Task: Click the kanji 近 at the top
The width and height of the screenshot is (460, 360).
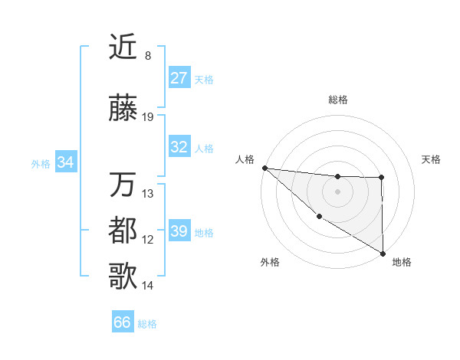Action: [x=123, y=47]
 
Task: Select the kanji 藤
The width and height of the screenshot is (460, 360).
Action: [x=123, y=109]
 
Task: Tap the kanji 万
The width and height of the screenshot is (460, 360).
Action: [x=123, y=185]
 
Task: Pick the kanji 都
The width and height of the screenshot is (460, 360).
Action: [x=123, y=231]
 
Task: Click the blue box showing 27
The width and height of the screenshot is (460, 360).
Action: [x=179, y=78]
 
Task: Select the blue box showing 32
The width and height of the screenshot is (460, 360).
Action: [x=179, y=147]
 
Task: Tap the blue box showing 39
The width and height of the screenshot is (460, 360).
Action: [x=179, y=231]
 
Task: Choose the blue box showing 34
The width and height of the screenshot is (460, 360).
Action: [x=66, y=162]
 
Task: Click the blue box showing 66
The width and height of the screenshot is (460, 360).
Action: [x=123, y=322]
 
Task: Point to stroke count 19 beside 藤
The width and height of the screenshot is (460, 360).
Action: [x=148, y=117]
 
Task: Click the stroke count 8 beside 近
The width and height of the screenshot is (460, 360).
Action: [x=147, y=56]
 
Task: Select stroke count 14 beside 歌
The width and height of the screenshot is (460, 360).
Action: [x=148, y=286]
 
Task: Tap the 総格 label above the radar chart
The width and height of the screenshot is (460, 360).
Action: [x=338, y=100]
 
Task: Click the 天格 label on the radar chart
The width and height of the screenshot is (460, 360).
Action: [x=432, y=159]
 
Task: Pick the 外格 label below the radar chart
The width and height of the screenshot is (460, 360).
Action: [x=270, y=262]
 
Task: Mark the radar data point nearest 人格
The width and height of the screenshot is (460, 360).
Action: [x=264, y=168]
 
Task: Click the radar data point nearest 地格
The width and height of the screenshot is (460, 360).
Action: [x=383, y=253]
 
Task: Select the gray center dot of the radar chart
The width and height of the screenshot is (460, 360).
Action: [x=338, y=191]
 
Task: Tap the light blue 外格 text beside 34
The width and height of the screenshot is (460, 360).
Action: [x=41, y=163]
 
